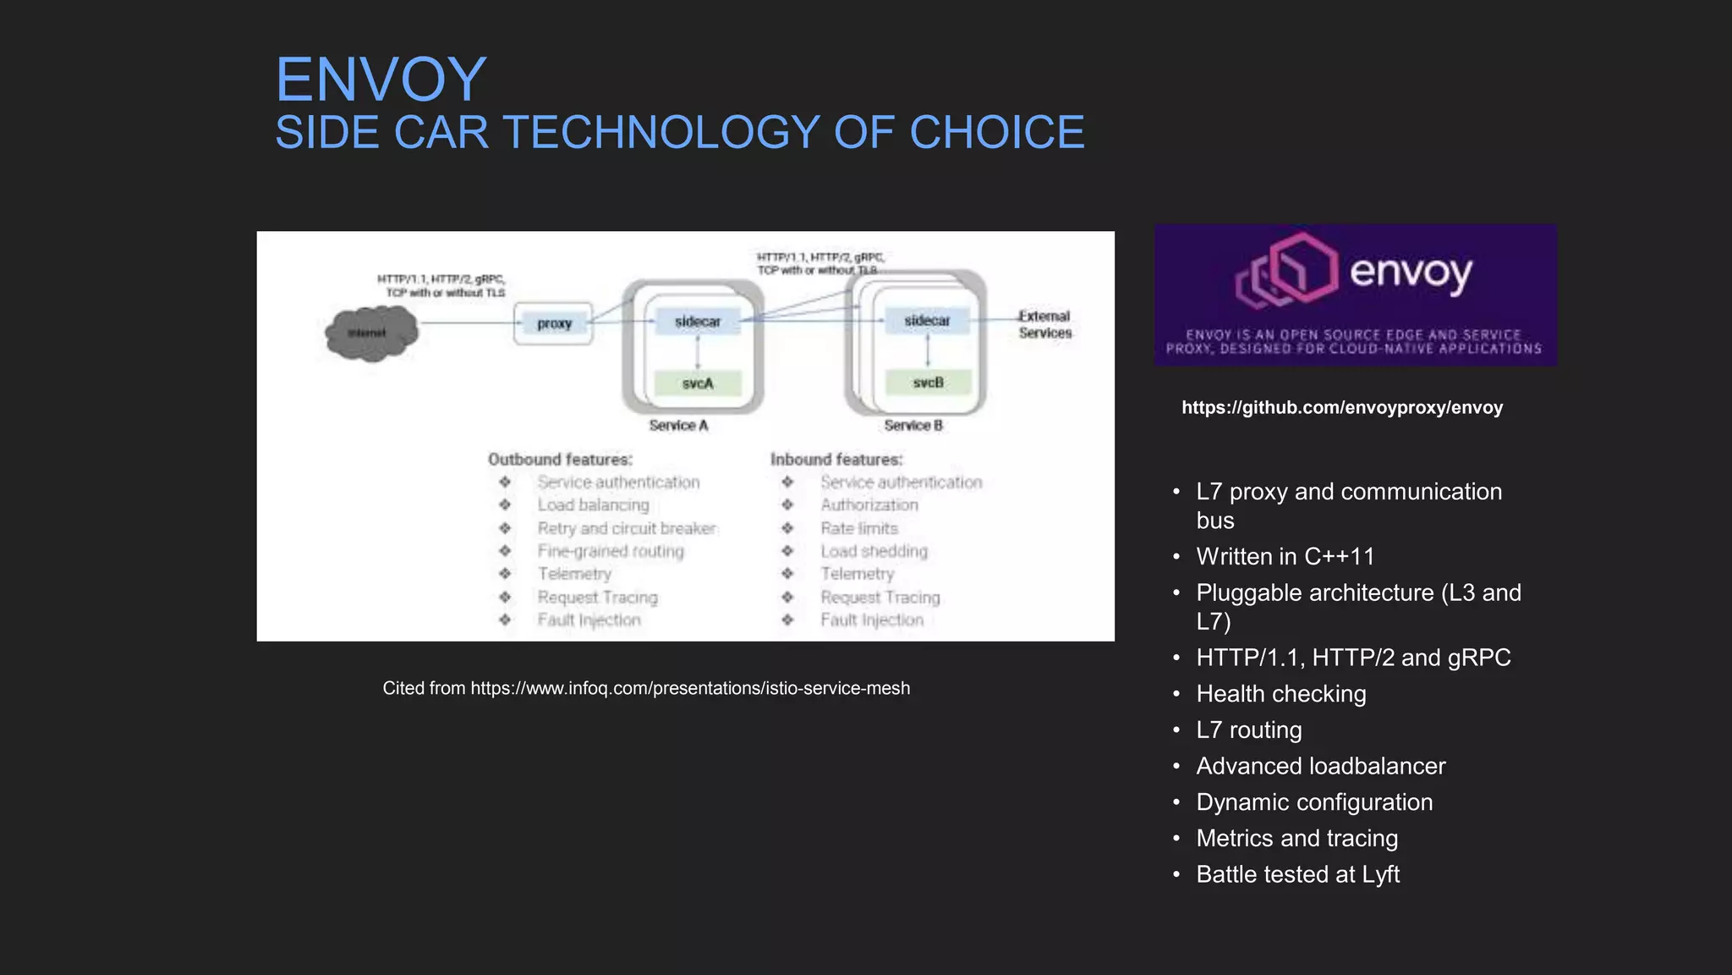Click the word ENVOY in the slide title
pyautogui.click(x=381, y=80)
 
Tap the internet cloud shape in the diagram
pyautogui.click(x=370, y=333)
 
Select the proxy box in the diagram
pyautogui.click(x=554, y=323)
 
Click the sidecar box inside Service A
pyautogui.click(x=698, y=322)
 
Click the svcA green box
pyautogui.click(x=698, y=383)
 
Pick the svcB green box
pyautogui.click(x=928, y=383)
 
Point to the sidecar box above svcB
pyautogui.click(x=927, y=321)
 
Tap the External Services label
pyautogui.click(x=1044, y=324)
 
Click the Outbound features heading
pyautogui.click(x=560, y=460)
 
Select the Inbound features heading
pyautogui.click(x=836, y=460)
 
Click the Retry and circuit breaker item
pyautogui.click(x=627, y=528)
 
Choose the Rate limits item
pyautogui.click(x=859, y=528)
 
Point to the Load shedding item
pyautogui.click(x=874, y=551)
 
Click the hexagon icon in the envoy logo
pyautogui.click(x=1288, y=271)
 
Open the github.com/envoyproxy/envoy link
pyautogui.click(x=1342, y=408)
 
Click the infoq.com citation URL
pyautogui.click(x=690, y=688)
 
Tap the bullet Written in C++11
pyautogui.click(x=1285, y=557)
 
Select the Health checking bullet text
pyautogui.click(x=1281, y=694)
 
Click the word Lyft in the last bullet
pyautogui.click(x=1380, y=874)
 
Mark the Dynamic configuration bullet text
pyautogui.click(x=1314, y=802)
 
